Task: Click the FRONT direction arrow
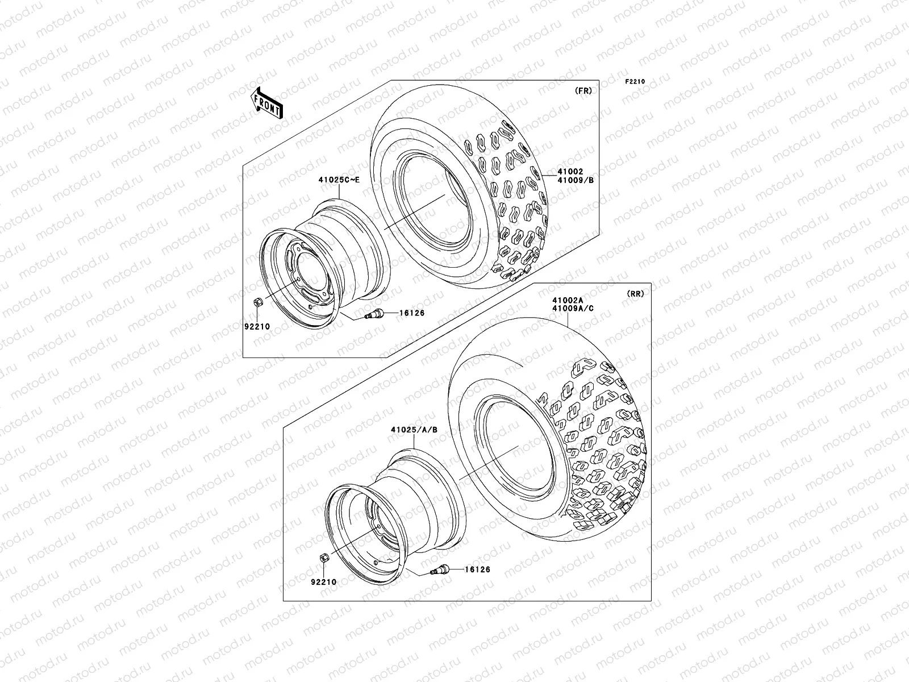click(268, 103)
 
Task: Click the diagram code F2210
click(636, 82)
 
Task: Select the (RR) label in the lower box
click(635, 294)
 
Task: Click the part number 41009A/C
click(572, 309)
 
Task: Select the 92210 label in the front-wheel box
click(257, 327)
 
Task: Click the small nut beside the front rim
click(257, 303)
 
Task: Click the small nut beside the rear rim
click(322, 558)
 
